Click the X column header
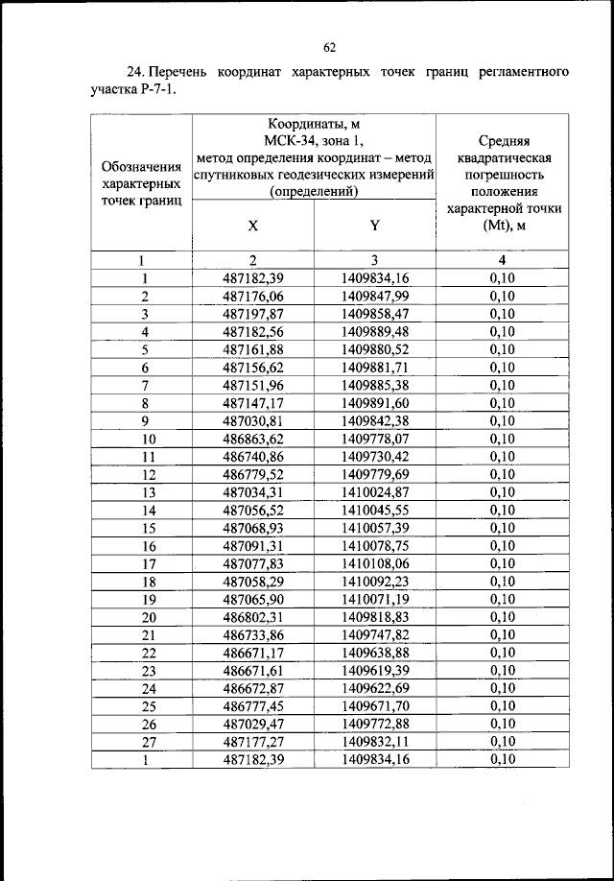(x=252, y=227)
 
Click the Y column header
(x=374, y=227)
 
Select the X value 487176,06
(x=253, y=297)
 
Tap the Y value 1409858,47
(x=375, y=314)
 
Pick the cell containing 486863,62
(x=253, y=439)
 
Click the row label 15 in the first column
(x=142, y=528)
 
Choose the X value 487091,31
(x=253, y=545)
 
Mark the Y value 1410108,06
(x=375, y=563)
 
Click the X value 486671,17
(x=253, y=653)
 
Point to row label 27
(x=142, y=741)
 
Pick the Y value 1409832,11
(x=375, y=741)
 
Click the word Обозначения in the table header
(x=142, y=165)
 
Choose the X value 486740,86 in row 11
(x=253, y=457)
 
